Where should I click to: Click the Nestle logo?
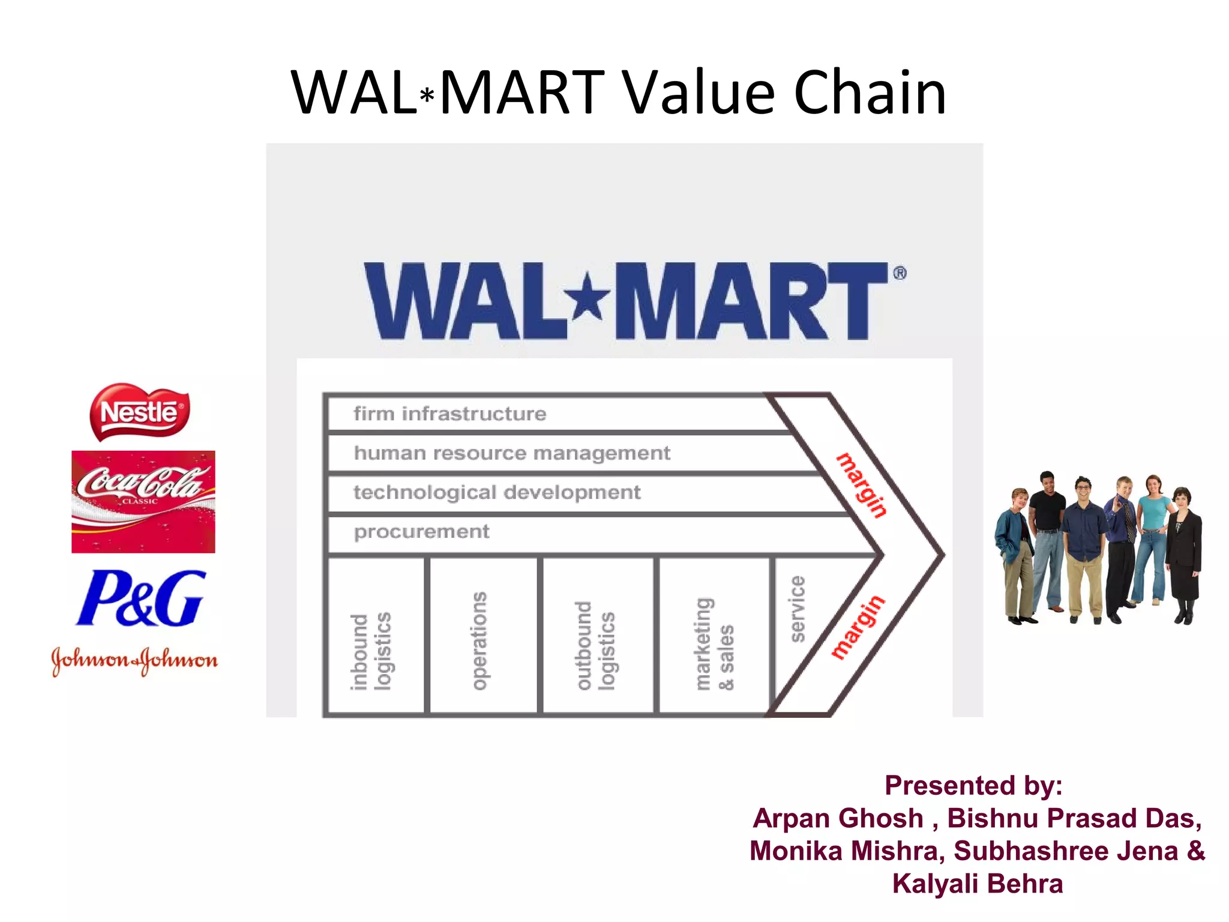pos(139,412)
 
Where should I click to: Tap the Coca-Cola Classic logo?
pos(143,501)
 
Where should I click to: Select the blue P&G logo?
pos(141,598)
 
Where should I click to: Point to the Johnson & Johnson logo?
pos(134,660)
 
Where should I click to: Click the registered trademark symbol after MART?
pos(900,274)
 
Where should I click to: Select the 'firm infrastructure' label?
pos(450,414)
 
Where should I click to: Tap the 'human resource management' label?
pos(512,453)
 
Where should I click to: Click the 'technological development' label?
pos(497,492)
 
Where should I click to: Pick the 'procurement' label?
pos(421,532)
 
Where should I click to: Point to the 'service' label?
pos(797,609)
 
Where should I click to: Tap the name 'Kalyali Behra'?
pos(977,884)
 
